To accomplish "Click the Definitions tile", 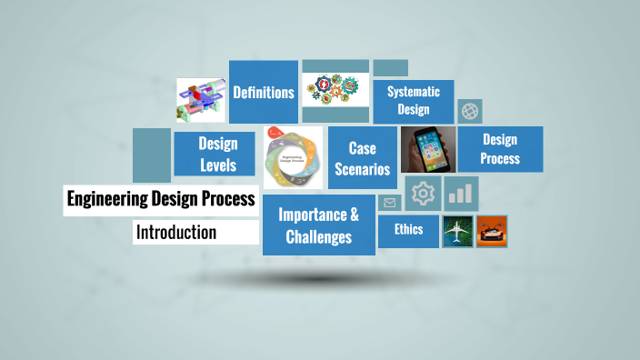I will click(x=264, y=92).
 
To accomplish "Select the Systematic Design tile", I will click(x=414, y=101).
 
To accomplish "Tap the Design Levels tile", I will click(x=218, y=155).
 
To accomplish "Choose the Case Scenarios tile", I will click(x=362, y=158).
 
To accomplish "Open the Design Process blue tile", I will click(x=500, y=149).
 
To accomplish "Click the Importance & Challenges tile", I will click(x=318, y=225).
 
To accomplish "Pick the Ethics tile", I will click(x=408, y=229).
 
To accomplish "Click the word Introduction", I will click(x=176, y=233).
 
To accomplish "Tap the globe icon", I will click(x=470, y=111).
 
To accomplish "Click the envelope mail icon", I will click(x=390, y=203).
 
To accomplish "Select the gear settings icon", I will click(x=422, y=194).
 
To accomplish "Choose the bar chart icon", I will click(x=462, y=193).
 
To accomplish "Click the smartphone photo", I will click(x=427, y=149).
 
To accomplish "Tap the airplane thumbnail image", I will click(x=457, y=231).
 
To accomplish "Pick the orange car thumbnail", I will click(x=492, y=231).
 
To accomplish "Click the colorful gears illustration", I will click(x=335, y=92).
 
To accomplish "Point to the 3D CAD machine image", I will click(x=200, y=100).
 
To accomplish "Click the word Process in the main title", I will click(x=229, y=200).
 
